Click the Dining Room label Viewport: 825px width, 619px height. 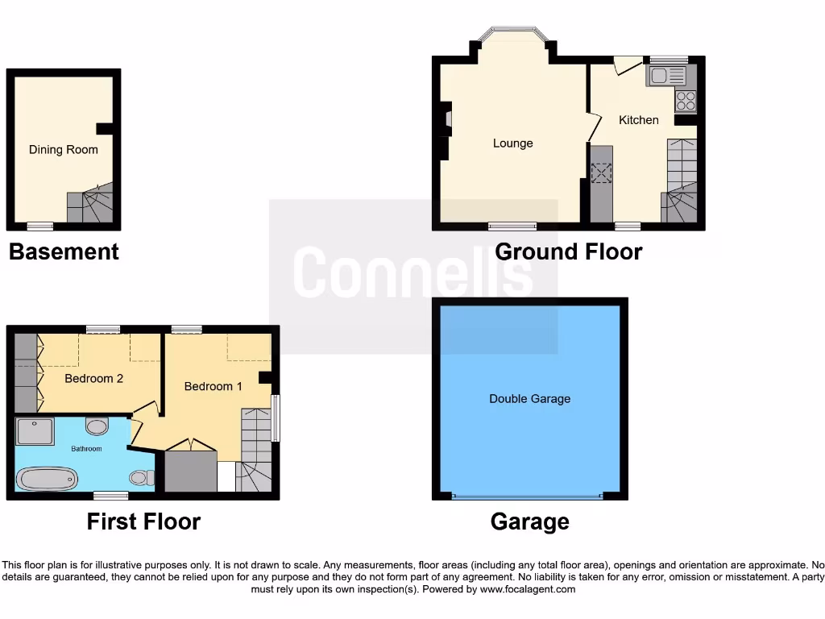tap(64, 149)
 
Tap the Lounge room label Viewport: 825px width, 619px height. tap(513, 143)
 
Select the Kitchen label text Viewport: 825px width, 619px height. tap(638, 120)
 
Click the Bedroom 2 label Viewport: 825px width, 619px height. tap(93, 378)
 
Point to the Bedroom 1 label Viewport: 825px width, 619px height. tap(214, 386)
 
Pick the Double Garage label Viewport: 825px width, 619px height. tap(529, 398)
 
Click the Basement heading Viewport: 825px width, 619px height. tap(64, 251)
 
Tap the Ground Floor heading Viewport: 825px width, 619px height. tap(568, 251)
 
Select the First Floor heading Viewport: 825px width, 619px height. tap(143, 521)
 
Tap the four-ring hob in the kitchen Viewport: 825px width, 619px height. tap(686, 102)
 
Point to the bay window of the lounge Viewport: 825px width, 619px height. tap(512, 35)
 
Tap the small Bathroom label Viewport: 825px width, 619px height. tap(86, 448)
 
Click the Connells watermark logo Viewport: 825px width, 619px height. tap(412, 274)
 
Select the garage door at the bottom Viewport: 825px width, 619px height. tap(528, 496)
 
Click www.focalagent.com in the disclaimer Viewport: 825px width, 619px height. tap(528, 589)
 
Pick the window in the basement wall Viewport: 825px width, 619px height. tap(39, 226)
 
